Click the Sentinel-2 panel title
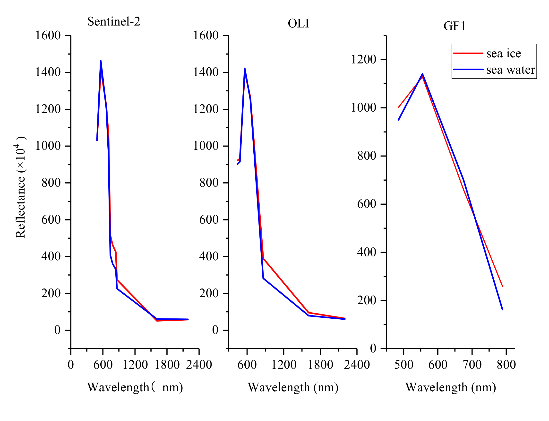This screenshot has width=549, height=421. pyautogui.click(x=114, y=22)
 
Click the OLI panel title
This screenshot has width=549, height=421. pyautogui.click(x=298, y=24)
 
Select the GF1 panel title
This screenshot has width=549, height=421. pyautogui.click(x=454, y=26)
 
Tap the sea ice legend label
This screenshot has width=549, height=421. pyautogui.click(x=503, y=53)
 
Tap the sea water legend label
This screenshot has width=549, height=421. pyautogui.click(x=510, y=70)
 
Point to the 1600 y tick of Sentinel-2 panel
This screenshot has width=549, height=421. pyautogui.click(x=48, y=35)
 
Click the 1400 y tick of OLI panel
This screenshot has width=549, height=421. pyautogui.click(x=206, y=72)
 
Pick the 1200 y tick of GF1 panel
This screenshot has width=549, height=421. pyautogui.click(x=363, y=59)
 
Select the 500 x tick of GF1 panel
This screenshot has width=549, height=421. pyautogui.click(x=403, y=365)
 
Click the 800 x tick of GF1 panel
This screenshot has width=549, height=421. pyautogui.click(x=506, y=365)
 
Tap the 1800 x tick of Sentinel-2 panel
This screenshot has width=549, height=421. pyautogui.click(x=167, y=365)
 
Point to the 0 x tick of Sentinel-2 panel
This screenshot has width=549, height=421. pyautogui.click(x=71, y=365)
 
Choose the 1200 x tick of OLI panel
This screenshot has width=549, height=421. pyautogui.click(x=284, y=365)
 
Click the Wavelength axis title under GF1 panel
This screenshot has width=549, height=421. pyautogui.click(x=451, y=387)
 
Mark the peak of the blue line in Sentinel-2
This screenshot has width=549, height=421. pyautogui.click(x=101, y=61)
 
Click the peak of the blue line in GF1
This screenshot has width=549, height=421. pyautogui.click(x=422, y=74)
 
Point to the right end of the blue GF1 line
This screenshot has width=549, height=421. pyautogui.click(x=502, y=310)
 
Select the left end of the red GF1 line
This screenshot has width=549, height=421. pyautogui.click(x=398, y=107)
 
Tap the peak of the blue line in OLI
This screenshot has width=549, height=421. pyautogui.click(x=245, y=68)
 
